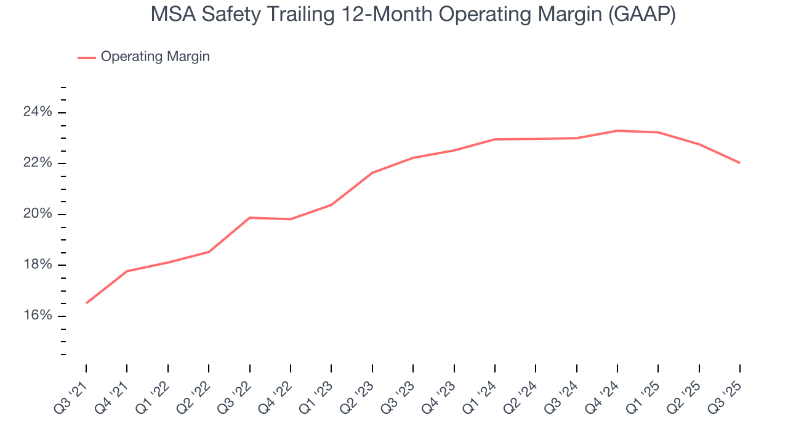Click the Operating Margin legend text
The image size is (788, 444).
pyautogui.click(x=155, y=57)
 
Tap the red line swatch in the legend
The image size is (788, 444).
pyautogui.click(x=87, y=57)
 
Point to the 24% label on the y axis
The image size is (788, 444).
pyautogui.click(x=38, y=112)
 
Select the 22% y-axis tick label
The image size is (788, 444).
pyautogui.click(x=38, y=163)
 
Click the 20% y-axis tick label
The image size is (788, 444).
pyautogui.click(x=38, y=215)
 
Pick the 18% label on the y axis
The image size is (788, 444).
pyautogui.click(x=38, y=265)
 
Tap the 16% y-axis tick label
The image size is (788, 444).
pyautogui.click(x=38, y=316)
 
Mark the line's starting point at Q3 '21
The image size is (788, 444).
pyautogui.click(x=86, y=303)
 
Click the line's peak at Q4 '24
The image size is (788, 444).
pyautogui.click(x=617, y=131)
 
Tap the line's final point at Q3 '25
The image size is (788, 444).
pyautogui.click(x=739, y=163)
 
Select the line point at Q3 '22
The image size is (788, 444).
pyautogui.click(x=249, y=218)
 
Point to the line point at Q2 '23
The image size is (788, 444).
pyautogui.click(x=372, y=173)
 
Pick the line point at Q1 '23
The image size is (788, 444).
pyautogui.click(x=331, y=205)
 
